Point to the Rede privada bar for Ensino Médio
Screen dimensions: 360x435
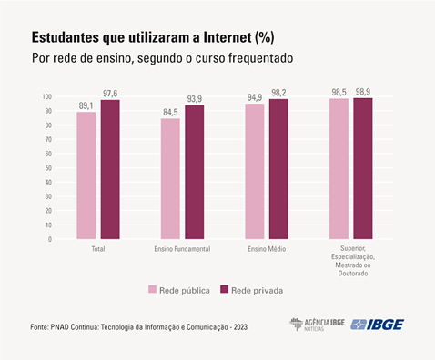[x=278, y=169]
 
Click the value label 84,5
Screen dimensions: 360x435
[x=171, y=112]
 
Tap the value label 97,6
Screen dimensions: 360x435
[x=110, y=93]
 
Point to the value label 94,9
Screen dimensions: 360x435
[x=255, y=96]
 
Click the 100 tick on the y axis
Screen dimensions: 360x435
[x=46, y=96]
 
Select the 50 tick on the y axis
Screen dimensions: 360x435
[x=48, y=168]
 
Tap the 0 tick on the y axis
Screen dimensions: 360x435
[x=50, y=240]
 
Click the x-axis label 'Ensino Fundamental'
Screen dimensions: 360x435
[x=182, y=249]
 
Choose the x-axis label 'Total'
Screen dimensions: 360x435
[x=97, y=249]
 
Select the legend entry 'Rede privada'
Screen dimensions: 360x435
[x=250, y=290]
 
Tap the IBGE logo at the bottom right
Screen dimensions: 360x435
[x=377, y=325]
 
